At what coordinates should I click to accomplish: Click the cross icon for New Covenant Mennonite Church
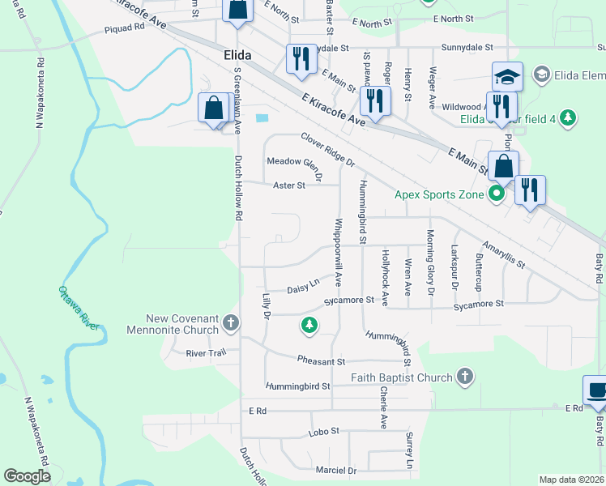point(231,324)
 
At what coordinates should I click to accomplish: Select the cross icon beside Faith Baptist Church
point(464,376)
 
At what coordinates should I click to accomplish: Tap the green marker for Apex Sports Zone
point(497,194)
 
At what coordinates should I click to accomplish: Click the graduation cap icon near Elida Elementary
point(507,77)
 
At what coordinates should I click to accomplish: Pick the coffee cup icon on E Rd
point(597,390)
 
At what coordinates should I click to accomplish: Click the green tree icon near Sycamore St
point(308,326)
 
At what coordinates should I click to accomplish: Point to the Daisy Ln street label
point(303,286)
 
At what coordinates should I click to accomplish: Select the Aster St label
point(288,185)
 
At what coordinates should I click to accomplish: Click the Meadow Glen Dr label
point(295,167)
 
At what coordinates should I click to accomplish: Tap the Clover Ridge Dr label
point(328,150)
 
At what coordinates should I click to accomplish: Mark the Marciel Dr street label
point(336,470)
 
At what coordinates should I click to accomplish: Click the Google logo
point(27,476)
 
